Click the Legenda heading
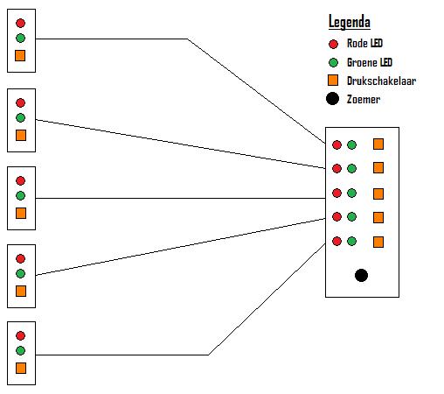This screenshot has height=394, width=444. coord(350,22)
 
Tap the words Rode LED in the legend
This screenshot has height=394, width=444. coord(364,43)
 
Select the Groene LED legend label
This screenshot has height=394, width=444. coord(370,62)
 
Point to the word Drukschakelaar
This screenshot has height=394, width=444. coord(381,81)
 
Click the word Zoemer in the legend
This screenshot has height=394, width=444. coord(364,99)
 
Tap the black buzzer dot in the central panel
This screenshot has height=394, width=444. coord(361,275)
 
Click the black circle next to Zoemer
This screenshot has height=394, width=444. coord(332,99)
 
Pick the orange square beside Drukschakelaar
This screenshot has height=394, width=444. coord(333,80)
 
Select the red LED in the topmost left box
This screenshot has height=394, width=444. coord(20,23)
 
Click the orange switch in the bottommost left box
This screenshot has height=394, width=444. coord(21,368)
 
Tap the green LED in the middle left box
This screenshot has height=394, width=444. coord(20,195)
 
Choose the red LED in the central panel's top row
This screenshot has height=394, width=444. coord(336,144)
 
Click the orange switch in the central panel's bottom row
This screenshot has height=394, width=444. coord(378,242)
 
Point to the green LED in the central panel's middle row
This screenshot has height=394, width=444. coord(351,193)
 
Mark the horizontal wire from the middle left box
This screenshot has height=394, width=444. coord(180,198)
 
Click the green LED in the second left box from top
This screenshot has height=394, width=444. coord(20,117)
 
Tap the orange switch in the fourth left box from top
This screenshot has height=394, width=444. coord(21,291)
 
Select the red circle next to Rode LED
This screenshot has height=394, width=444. coord(333,44)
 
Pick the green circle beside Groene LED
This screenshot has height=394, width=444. coord(333,62)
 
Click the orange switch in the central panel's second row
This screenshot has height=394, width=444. coord(378,168)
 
